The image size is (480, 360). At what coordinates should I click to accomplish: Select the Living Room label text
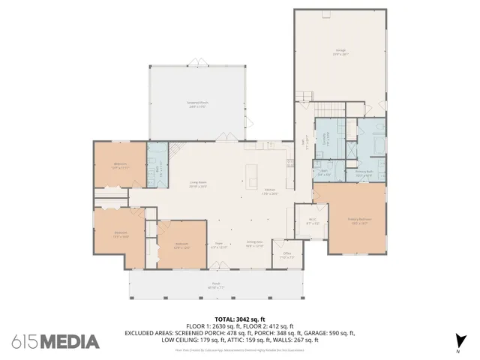pos(197,184)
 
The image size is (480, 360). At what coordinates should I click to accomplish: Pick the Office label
pos(286,255)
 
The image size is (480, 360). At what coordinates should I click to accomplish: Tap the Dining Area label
pos(254,243)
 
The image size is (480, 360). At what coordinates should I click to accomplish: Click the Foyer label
pos(219,243)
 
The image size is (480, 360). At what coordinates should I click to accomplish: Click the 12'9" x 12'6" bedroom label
pos(181,244)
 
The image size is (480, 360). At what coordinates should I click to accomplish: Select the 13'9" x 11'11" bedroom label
pos(119,166)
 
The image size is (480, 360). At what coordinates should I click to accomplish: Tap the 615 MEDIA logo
pos(55,342)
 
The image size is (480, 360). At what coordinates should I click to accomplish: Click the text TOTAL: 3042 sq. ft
pos(240,319)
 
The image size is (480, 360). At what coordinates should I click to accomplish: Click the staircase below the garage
pos(300,97)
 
